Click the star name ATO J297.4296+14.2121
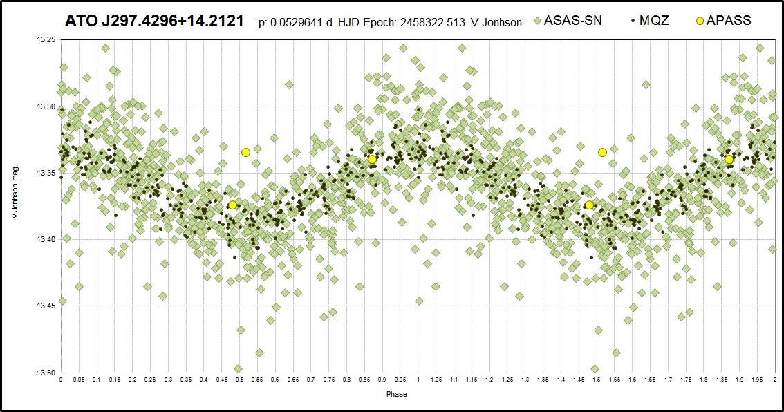[154, 21]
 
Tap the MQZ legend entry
[649, 21]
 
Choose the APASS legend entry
[723, 21]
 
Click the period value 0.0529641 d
[295, 23]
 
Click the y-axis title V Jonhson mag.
[15, 191]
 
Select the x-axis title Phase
[397, 394]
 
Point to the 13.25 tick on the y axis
[46, 39]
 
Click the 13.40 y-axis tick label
[46, 239]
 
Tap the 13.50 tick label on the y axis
[46, 373]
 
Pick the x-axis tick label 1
[418, 380]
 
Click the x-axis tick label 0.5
[239, 380]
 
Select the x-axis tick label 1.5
[597, 380]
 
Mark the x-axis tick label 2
[774, 380]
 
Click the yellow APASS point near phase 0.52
[245, 153]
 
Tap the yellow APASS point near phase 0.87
[372, 160]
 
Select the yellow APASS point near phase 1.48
[589, 205]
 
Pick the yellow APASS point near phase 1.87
[729, 160]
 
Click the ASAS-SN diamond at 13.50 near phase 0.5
[238, 369]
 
